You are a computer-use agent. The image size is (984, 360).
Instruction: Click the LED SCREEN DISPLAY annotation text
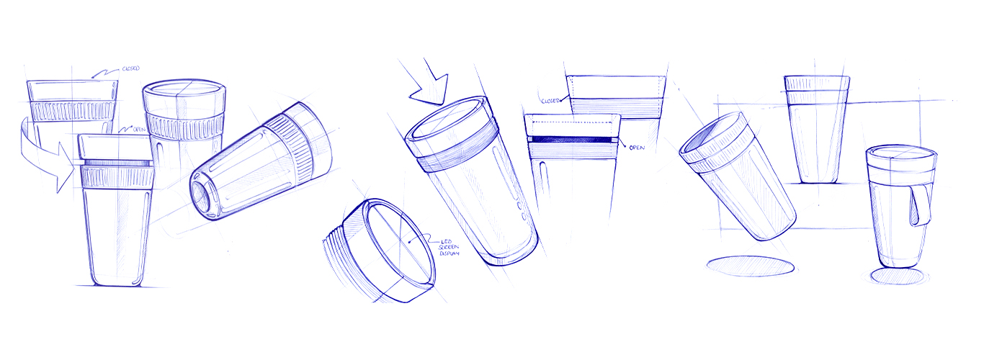(449, 248)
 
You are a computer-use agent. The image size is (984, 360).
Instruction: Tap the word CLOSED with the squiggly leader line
(131, 68)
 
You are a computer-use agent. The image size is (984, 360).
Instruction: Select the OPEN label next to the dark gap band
(637, 148)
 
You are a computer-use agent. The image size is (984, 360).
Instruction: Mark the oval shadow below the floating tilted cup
(751, 267)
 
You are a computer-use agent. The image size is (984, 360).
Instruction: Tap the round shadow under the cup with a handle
(897, 276)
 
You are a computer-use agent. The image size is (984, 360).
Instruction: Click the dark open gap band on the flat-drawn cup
(571, 140)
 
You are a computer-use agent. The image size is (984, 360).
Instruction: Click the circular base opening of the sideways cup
(203, 198)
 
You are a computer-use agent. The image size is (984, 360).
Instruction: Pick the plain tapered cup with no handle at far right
(817, 130)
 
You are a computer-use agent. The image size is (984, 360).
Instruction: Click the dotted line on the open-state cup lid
(573, 122)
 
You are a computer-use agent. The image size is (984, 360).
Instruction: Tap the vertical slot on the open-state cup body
(543, 179)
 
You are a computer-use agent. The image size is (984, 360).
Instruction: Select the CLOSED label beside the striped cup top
(550, 101)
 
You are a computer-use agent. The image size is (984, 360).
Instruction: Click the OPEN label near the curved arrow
(139, 130)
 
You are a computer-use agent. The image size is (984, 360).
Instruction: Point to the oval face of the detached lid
(399, 241)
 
